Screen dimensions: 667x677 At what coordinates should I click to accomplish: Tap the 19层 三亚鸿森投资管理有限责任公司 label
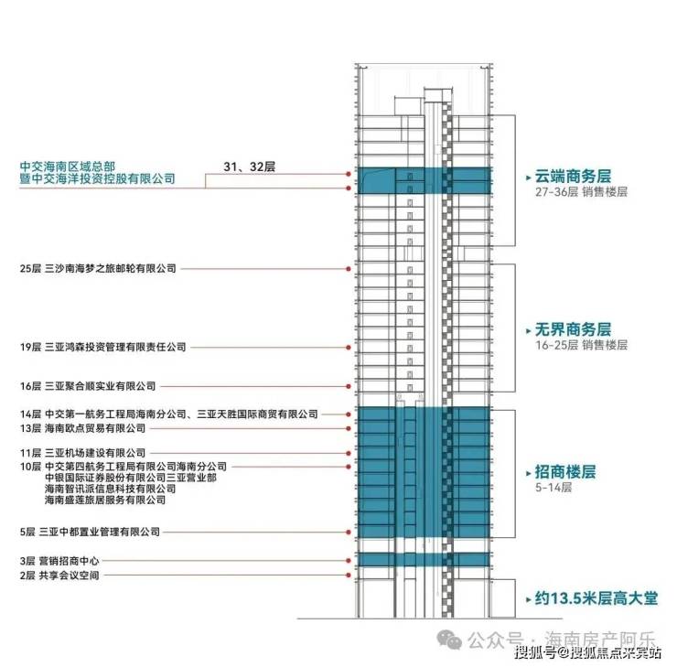coord(102,348)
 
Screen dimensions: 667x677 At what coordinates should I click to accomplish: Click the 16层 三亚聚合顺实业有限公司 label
coord(88,386)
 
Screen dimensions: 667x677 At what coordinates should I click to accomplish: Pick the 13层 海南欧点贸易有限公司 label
coord(82,428)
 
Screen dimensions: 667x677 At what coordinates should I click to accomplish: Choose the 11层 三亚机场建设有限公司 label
coord(82,453)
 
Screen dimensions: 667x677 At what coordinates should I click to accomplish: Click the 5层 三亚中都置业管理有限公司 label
coord(90,532)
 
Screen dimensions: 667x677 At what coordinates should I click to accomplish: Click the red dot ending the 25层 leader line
coord(349,269)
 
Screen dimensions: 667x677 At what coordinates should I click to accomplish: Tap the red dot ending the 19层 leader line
coord(349,348)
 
